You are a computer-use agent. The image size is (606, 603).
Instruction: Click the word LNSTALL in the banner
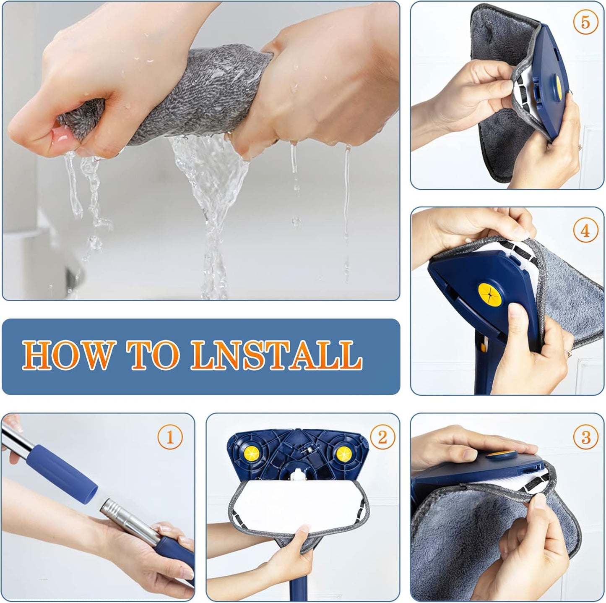point(276,355)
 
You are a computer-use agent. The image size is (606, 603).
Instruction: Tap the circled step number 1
point(170,438)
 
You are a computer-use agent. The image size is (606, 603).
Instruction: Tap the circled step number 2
point(382,437)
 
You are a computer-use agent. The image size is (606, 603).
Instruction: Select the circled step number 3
point(586,438)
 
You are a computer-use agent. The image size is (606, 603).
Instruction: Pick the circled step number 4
point(585,231)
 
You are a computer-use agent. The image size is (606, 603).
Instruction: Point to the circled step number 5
point(585,22)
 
